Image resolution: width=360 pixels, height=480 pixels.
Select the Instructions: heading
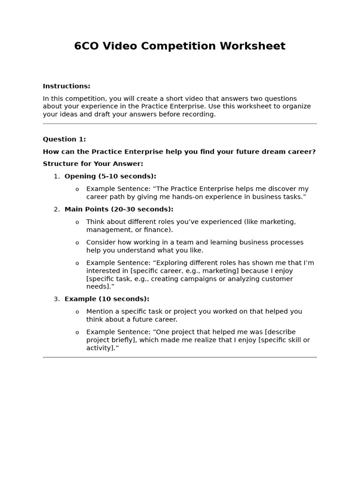pos(66,86)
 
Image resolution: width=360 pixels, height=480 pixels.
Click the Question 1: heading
pos(64,139)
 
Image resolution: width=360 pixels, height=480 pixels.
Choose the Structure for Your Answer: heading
pos(93,164)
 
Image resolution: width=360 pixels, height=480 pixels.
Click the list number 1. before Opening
pos(56,177)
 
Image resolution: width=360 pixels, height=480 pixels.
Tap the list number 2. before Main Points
pos(56,210)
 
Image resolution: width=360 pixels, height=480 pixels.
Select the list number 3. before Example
pos(56,299)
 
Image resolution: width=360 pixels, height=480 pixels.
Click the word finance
pos(159,230)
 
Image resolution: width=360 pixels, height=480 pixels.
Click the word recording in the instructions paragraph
pos(200,114)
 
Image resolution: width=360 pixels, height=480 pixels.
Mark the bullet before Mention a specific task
pos(77,312)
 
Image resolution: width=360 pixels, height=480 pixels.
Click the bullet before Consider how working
pos(77,243)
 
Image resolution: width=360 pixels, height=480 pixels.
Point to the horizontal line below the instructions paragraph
pos(180,124)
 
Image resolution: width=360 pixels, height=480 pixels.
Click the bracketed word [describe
pos(280,332)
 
